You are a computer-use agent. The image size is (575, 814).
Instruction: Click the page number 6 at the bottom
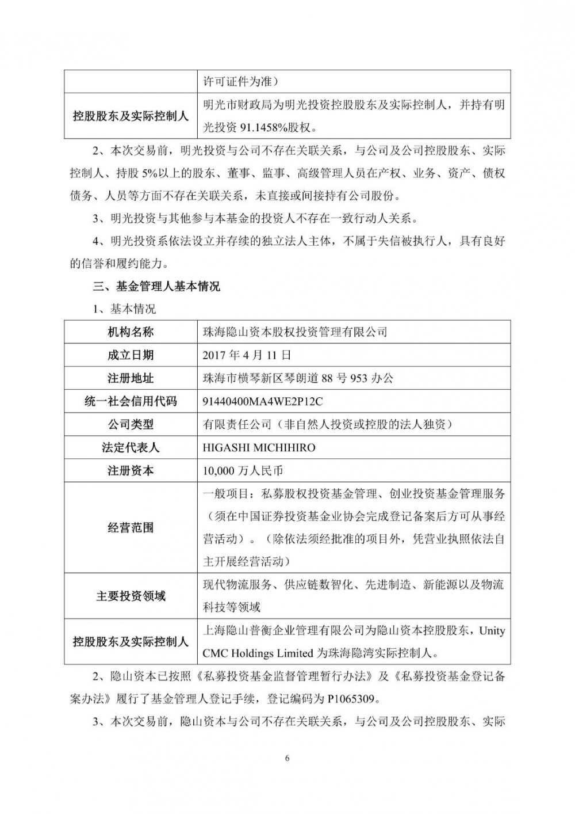[287, 758]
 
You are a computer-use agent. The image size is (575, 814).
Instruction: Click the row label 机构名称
[131, 332]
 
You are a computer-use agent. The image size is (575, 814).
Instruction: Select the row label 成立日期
[131, 355]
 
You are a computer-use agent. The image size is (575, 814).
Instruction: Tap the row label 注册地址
[131, 378]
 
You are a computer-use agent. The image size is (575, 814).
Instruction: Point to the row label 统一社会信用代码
[131, 401]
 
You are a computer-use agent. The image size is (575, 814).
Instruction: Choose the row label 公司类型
[131, 424]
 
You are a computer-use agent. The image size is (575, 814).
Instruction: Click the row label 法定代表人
[131, 447]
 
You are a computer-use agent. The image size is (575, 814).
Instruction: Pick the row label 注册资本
[131, 470]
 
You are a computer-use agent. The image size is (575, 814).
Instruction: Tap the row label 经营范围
[131, 527]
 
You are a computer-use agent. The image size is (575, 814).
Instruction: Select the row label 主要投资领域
[131, 596]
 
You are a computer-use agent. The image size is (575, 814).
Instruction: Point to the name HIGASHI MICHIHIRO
[259, 447]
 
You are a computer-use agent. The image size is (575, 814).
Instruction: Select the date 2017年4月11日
[247, 355]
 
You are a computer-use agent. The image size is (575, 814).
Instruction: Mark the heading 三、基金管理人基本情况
[156, 286]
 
